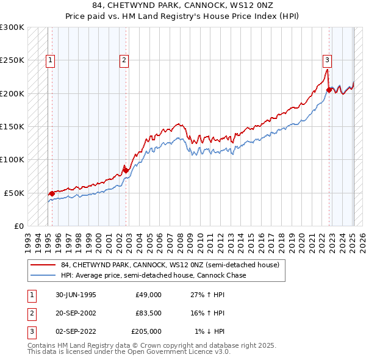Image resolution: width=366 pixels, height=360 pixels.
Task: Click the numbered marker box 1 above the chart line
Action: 49,60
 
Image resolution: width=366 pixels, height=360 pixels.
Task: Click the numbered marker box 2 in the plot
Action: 124,60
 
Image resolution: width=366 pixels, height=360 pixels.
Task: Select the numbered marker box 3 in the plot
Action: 328,60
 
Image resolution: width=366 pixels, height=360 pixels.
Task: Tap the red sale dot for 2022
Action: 329,90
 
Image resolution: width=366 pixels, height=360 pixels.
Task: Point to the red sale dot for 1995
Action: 51,193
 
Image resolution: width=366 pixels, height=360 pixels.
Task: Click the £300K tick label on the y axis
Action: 12,27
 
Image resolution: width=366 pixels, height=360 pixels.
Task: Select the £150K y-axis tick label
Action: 12,126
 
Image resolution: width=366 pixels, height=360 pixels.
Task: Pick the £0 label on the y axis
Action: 18,226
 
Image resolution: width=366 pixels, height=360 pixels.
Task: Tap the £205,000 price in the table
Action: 146,331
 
